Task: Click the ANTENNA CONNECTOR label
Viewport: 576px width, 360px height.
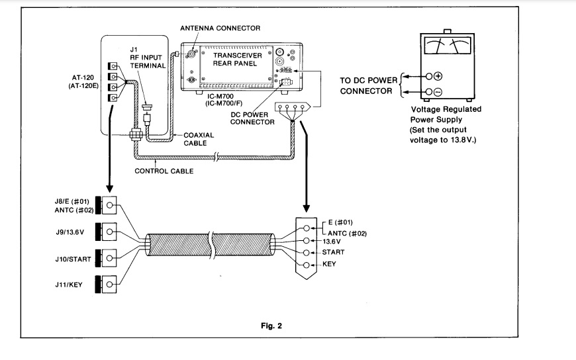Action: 220,28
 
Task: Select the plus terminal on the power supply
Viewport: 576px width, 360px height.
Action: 438,76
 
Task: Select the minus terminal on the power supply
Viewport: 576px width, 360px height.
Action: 438,92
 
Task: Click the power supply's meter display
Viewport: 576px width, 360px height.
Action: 447,46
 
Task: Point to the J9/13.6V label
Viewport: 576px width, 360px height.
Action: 70,232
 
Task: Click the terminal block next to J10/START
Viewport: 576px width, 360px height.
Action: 106,258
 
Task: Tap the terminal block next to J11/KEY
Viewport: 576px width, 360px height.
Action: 106,285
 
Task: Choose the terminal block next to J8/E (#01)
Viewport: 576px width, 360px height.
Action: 106,205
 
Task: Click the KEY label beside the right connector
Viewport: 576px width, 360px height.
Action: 329,264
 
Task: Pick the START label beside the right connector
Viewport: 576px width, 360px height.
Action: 333,252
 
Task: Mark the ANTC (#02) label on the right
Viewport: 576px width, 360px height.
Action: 347,234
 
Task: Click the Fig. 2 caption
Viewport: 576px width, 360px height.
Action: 271,326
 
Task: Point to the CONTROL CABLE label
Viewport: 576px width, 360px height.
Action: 164,171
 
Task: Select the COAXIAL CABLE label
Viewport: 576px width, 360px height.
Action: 199,139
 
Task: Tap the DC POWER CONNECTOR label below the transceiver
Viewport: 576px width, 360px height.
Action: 252,118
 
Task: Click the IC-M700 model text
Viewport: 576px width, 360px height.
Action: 220,97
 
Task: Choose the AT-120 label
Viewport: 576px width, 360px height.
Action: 83,78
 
